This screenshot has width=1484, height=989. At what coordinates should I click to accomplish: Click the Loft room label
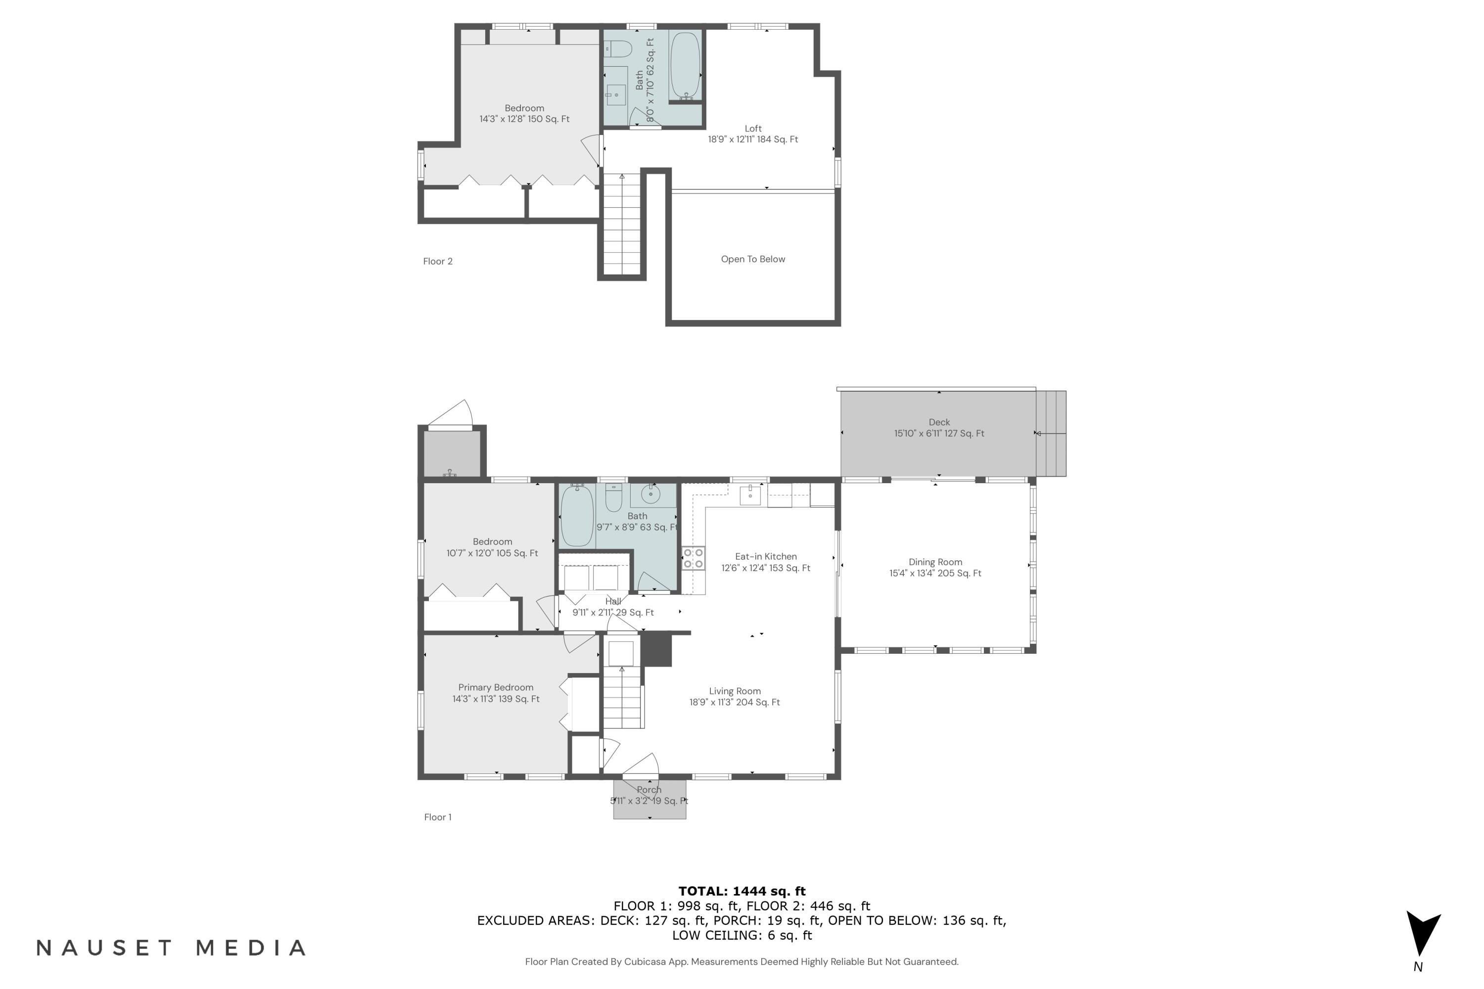click(x=753, y=134)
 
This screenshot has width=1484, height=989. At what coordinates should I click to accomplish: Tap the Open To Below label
click(x=753, y=259)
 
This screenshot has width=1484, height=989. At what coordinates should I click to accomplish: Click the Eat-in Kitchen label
click(x=766, y=562)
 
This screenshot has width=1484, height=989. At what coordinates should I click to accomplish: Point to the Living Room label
click(x=735, y=696)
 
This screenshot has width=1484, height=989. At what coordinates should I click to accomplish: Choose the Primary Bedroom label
click(x=496, y=693)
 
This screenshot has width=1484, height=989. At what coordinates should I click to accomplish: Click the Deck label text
click(x=939, y=428)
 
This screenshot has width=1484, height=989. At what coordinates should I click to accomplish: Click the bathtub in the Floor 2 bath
click(x=685, y=66)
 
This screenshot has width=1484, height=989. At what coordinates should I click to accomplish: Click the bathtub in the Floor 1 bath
click(x=577, y=515)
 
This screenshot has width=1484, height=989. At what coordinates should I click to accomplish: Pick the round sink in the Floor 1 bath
click(x=650, y=494)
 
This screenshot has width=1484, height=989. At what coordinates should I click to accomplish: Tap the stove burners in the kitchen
click(x=694, y=558)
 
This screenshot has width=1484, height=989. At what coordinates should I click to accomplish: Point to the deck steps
click(x=1051, y=433)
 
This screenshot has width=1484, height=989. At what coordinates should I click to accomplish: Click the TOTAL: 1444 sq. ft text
click(x=742, y=891)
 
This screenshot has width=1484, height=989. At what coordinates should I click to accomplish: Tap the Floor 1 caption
click(x=438, y=817)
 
